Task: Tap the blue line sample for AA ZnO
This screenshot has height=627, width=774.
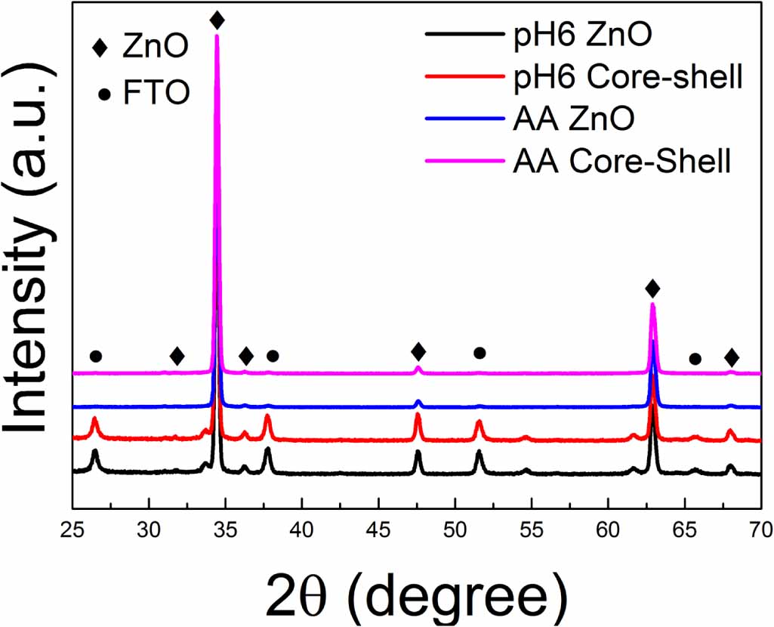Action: tap(461, 119)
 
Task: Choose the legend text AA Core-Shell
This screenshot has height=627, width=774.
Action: tap(618, 162)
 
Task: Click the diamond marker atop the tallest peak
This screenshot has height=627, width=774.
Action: tap(217, 20)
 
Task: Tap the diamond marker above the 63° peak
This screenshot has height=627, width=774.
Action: tap(652, 289)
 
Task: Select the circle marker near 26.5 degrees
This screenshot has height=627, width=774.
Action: tap(95, 356)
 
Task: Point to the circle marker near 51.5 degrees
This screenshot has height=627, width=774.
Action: tap(480, 353)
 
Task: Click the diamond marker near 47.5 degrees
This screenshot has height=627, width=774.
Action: tap(418, 351)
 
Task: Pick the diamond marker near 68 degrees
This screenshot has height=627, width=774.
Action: tap(731, 357)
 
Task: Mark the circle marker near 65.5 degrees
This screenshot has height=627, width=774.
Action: tap(695, 359)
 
